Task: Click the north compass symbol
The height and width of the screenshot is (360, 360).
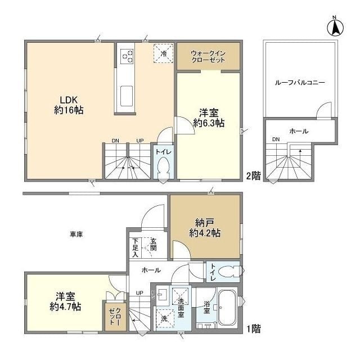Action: [x=336, y=26]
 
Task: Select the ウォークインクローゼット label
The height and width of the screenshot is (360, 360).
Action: [x=208, y=56]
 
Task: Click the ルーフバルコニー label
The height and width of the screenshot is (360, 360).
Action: [x=300, y=83]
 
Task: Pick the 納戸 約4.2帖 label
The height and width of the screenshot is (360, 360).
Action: [x=204, y=227]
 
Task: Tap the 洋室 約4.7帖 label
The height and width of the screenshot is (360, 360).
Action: [x=65, y=301]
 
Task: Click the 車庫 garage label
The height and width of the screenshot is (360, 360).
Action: [x=76, y=234]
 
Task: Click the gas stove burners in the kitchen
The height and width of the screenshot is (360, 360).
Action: [x=127, y=56]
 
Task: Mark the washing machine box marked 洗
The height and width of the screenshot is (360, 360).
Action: [x=165, y=318]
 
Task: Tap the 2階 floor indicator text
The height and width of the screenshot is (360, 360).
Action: [x=253, y=175]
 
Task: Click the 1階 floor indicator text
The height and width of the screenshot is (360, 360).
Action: [x=253, y=327]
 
